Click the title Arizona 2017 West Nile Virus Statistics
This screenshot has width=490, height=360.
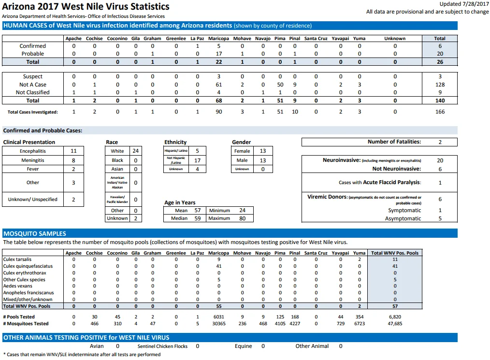point(86,7)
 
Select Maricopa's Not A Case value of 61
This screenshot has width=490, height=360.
point(219,85)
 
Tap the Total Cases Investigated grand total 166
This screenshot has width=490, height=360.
point(440,112)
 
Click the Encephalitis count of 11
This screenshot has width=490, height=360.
point(73,151)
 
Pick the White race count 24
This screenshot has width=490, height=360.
point(136,151)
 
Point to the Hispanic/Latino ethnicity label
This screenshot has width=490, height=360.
point(176,151)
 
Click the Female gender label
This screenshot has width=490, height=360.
point(242,151)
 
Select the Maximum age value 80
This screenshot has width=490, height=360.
point(243,218)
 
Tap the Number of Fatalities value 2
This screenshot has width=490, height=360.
point(440,142)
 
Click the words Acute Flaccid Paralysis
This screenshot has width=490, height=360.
point(391,183)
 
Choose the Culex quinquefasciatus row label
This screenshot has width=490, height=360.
point(28,266)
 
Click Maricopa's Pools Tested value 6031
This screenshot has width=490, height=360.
point(219,317)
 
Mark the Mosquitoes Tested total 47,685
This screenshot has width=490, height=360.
point(395,324)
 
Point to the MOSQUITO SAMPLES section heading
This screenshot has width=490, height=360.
point(35,234)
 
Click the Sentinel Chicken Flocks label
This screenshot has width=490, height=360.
point(162,346)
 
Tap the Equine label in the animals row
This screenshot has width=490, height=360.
point(244,346)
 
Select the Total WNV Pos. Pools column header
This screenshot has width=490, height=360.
point(395,253)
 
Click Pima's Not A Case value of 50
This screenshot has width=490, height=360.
point(280,85)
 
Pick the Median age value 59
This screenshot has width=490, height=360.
point(198,218)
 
